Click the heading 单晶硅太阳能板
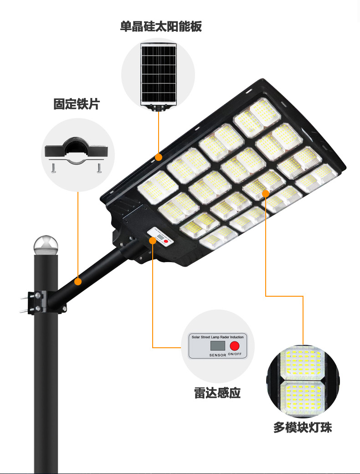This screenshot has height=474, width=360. point(161,26)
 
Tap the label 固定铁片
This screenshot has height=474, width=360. point(77,104)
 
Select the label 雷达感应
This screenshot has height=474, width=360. point(217,393)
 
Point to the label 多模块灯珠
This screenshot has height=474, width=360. point(303,428)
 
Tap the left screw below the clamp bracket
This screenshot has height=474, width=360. point(53,168)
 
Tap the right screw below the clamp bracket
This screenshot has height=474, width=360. point(99,168)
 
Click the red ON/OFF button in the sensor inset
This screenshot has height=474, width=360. point(235,346)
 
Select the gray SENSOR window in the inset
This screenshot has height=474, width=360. point(218,346)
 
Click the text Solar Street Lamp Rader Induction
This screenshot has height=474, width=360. point(218,337)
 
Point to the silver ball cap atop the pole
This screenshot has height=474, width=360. point(46,245)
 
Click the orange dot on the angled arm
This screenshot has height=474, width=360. point(78,282)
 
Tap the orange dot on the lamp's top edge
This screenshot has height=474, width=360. point(159,157)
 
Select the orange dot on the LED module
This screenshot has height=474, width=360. point(266,193)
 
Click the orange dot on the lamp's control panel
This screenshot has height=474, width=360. point(153,241)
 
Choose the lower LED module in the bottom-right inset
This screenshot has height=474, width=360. point(303,397)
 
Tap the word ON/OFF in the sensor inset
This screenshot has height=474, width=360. point(235,354)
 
